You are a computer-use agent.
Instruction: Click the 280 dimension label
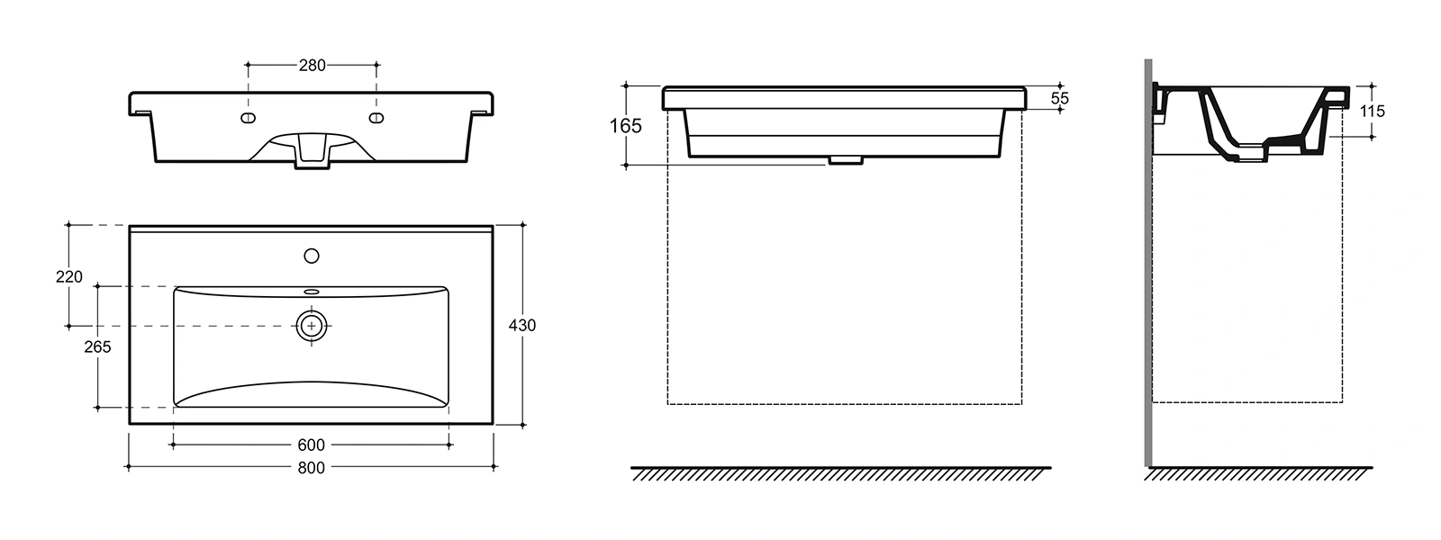coord(312,65)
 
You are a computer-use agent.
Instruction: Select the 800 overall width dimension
coord(312,468)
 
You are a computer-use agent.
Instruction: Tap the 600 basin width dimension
coord(312,445)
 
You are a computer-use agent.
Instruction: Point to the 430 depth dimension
coord(522,325)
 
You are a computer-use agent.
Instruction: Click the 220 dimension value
coord(69,276)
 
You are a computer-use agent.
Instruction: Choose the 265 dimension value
coord(98,346)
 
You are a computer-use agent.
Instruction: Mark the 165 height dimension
coord(626,125)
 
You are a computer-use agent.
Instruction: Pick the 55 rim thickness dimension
coord(1059,98)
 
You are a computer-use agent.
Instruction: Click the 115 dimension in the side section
coord(1373,112)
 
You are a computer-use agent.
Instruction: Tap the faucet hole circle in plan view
coord(312,256)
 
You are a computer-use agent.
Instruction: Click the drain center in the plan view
coord(312,326)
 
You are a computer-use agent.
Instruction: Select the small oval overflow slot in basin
coord(312,292)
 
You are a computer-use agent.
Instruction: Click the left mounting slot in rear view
coord(248,118)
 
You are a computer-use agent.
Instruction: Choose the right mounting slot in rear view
coord(376,118)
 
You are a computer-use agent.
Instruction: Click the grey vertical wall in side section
coord(1148,263)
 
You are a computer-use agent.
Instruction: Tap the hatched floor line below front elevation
coord(841,473)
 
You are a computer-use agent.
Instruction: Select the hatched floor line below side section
coord(1258,473)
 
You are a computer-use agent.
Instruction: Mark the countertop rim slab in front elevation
coord(845,97)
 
